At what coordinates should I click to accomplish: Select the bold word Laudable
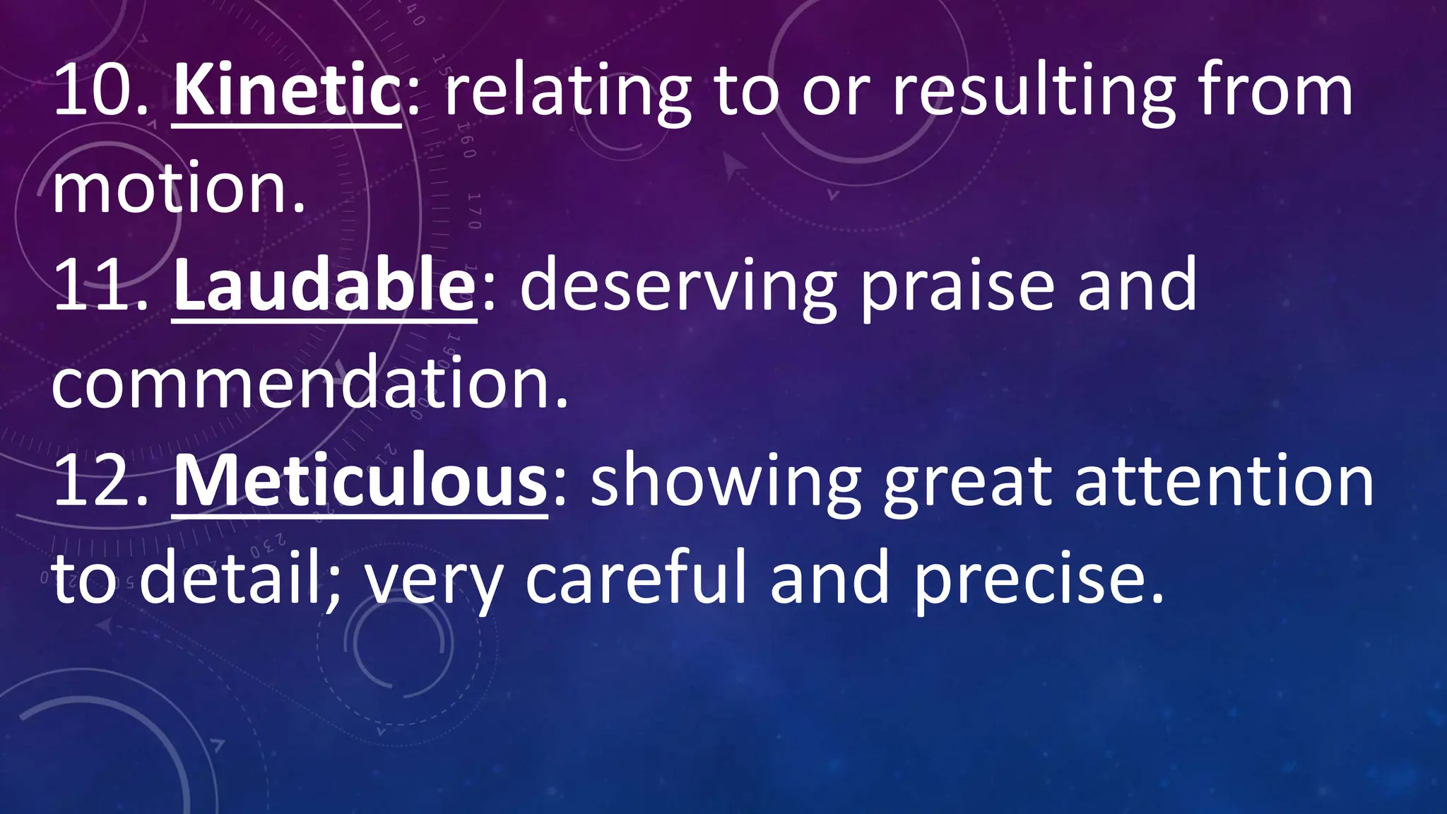tap(324, 285)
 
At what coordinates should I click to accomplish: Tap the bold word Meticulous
tap(359, 482)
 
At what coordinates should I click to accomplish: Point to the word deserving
tap(678, 285)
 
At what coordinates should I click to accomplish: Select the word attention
tap(1224, 482)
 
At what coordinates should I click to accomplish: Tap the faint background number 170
tap(474, 211)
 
